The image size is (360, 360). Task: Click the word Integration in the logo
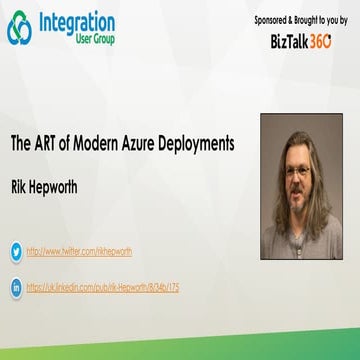pyautogui.click(x=75, y=21)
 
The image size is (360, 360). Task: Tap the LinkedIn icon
pyautogui.click(x=16, y=286)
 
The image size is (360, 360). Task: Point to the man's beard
pyautogui.click(x=299, y=198)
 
